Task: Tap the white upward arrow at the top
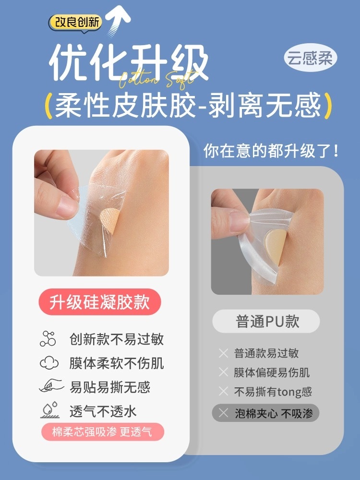point(119,22)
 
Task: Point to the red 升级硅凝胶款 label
point(100,302)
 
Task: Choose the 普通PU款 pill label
point(266,322)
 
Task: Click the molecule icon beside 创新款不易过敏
point(48,338)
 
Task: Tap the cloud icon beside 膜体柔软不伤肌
point(49,363)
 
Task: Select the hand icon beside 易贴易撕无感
point(51,386)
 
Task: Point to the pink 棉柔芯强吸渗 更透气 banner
point(103,432)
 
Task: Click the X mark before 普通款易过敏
point(224,353)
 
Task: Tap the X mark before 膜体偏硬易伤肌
point(224,372)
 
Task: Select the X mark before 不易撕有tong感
point(224,391)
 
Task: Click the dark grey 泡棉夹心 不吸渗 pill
point(265,413)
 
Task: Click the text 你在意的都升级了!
point(271,151)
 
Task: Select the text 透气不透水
point(103,411)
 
